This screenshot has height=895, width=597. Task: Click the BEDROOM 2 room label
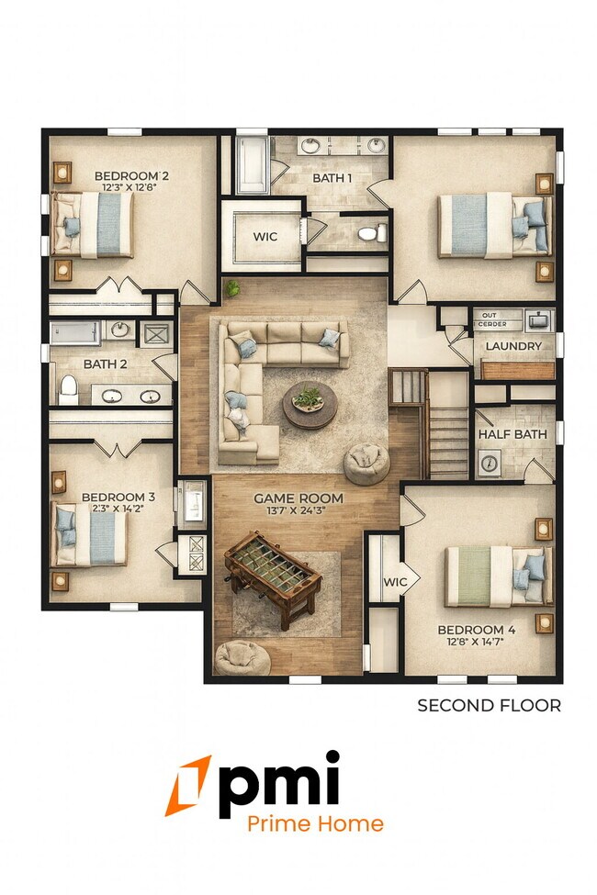click(x=131, y=175)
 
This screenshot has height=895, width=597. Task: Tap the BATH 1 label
click(x=331, y=178)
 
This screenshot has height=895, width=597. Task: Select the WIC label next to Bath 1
click(x=265, y=237)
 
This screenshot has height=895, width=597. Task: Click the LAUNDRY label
click(x=513, y=346)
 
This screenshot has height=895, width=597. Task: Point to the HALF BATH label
click(x=512, y=434)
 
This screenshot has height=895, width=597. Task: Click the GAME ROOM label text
click(x=298, y=498)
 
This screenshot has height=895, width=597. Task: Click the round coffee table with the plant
click(x=310, y=405)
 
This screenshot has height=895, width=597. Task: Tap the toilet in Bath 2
click(x=68, y=389)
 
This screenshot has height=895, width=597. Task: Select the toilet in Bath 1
click(x=370, y=234)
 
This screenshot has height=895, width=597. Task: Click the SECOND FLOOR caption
click(x=489, y=705)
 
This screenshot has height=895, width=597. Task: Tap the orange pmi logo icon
click(x=188, y=786)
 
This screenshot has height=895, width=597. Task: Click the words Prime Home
click(x=315, y=823)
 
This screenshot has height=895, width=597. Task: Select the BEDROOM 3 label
click(x=118, y=498)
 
